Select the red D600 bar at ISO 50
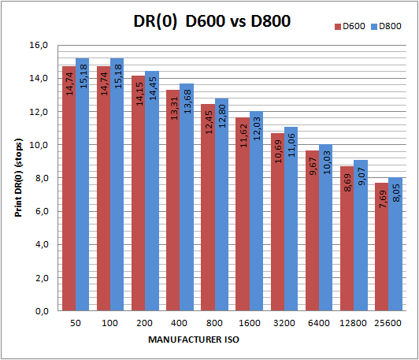pos(69,189)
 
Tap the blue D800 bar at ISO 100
pos(117,185)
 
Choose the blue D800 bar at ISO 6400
pos(324,228)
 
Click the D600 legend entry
pos(350,27)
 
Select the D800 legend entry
pos(387,27)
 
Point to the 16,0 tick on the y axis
pos(39,46)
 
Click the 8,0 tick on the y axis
pos(41,179)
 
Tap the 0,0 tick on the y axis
pos(41,312)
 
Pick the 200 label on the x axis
pos(146,324)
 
